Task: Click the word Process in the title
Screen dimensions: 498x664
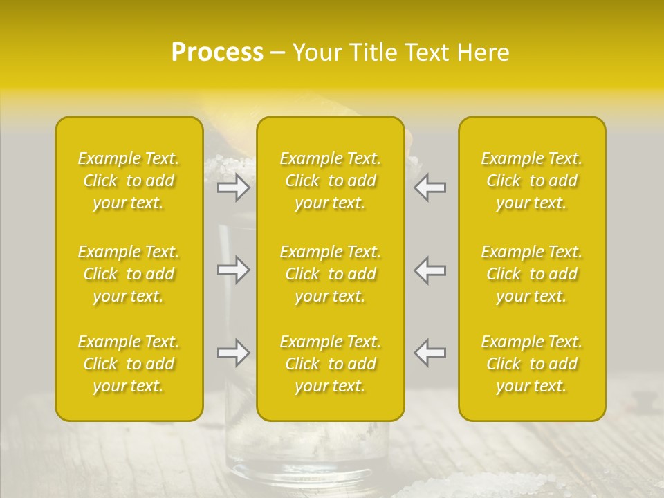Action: pyautogui.click(x=217, y=53)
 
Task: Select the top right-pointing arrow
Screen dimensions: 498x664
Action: pyautogui.click(x=233, y=187)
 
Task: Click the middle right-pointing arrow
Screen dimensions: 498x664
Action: pyautogui.click(x=233, y=270)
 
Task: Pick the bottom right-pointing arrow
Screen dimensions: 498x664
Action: pyautogui.click(x=233, y=353)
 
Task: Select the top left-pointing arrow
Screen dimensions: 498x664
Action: pyautogui.click(x=430, y=187)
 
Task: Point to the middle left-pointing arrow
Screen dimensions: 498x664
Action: pyautogui.click(x=430, y=270)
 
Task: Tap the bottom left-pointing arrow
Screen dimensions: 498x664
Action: pyautogui.click(x=430, y=353)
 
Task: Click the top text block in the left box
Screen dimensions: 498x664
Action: pyautogui.click(x=129, y=181)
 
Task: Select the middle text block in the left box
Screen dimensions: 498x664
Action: pyautogui.click(x=129, y=274)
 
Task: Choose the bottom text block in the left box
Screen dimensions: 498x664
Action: pyautogui.click(x=129, y=364)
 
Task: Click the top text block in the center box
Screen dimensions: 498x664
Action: pyautogui.click(x=331, y=181)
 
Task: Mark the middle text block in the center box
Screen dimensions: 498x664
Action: pyautogui.click(x=331, y=274)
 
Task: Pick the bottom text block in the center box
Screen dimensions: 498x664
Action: pyautogui.click(x=331, y=364)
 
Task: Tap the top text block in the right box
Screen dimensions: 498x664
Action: pyautogui.click(x=532, y=181)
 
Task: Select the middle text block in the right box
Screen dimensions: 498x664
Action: pyautogui.click(x=532, y=274)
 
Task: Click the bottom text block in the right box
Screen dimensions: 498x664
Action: pyautogui.click(x=532, y=364)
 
